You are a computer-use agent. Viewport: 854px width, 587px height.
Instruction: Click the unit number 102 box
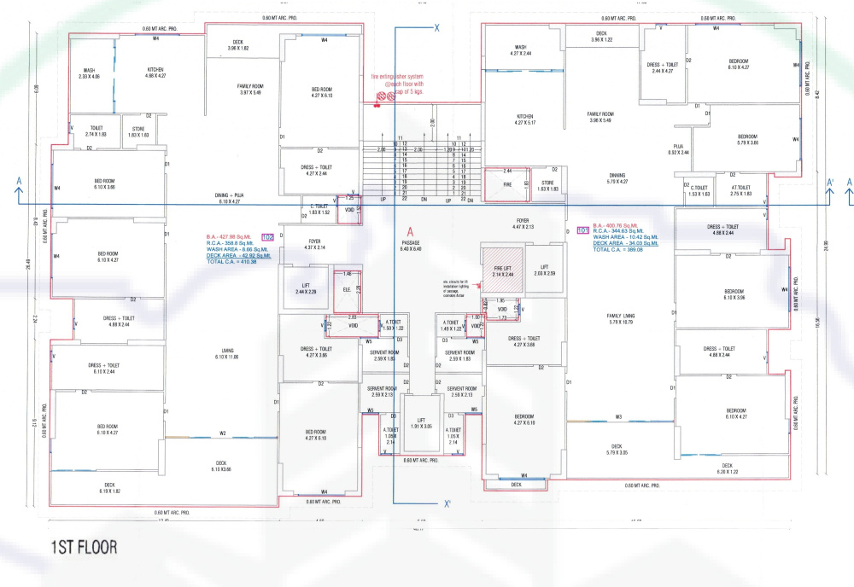tap(266, 236)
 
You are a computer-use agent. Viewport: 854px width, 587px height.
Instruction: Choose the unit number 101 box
tap(584, 230)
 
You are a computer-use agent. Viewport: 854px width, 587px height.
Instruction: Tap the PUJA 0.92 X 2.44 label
tap(679, 150)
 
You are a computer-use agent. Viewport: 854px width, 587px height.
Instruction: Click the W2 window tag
tap(222, 433)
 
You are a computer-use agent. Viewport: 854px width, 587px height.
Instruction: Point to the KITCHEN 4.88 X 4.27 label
tap(155, 73)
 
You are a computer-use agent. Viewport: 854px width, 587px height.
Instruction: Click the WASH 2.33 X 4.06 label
tap(89, 73)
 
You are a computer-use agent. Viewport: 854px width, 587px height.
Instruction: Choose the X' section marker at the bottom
tap(447, 503)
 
